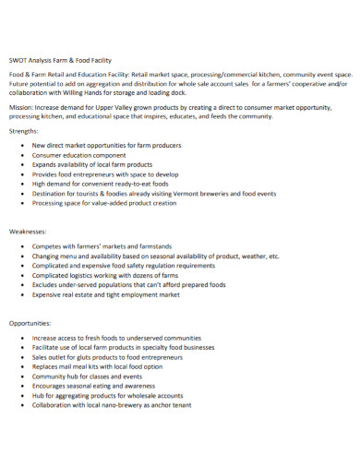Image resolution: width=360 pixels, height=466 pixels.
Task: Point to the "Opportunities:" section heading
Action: [32, 324]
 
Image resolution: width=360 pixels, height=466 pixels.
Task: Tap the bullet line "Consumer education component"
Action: [84, 156]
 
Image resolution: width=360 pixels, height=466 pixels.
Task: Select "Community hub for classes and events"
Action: [96, 376]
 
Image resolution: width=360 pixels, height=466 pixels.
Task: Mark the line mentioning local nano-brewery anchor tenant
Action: [125, 405]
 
